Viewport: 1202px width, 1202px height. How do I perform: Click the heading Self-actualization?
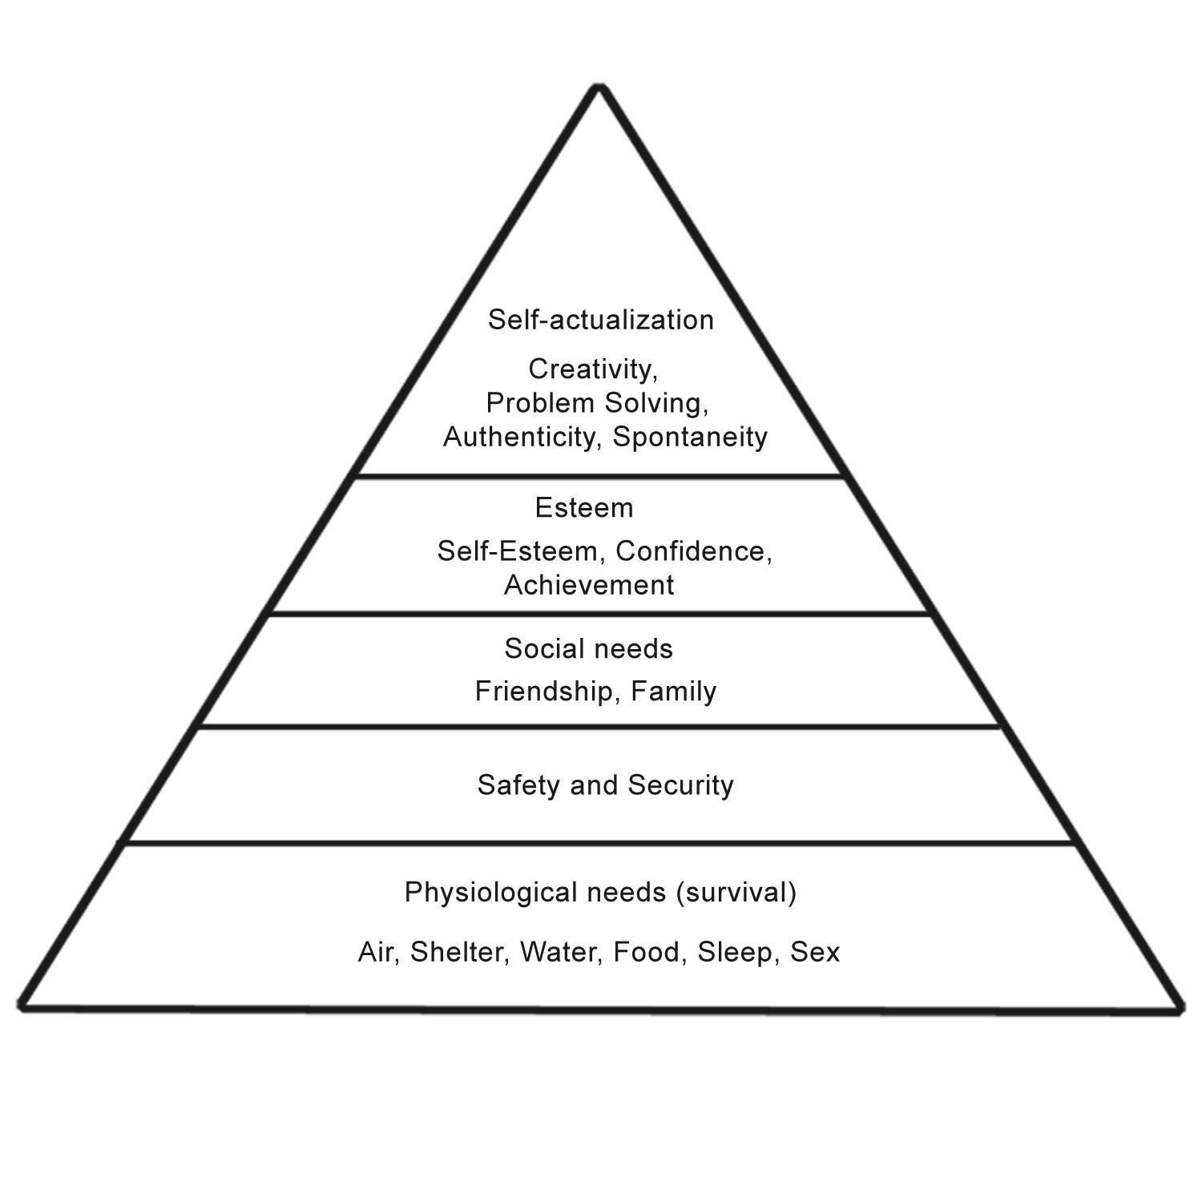[x=600, y=320]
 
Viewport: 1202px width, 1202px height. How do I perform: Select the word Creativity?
[x=591, y=369]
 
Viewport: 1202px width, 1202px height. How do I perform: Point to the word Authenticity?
[x=521, y=437]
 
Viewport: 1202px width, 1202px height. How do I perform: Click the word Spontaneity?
[x=690, y=437]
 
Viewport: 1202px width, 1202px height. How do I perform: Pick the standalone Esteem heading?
[x=584, y=508]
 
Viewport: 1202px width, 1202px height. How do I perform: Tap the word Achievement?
[x=589, y=586]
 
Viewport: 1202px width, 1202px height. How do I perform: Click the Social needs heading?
[x=589, y=649]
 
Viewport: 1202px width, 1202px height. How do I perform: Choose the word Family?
[x=673, y=691]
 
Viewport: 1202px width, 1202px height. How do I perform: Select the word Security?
[x=680, y=785]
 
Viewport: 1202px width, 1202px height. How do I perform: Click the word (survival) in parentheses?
[x=736, y=893]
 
